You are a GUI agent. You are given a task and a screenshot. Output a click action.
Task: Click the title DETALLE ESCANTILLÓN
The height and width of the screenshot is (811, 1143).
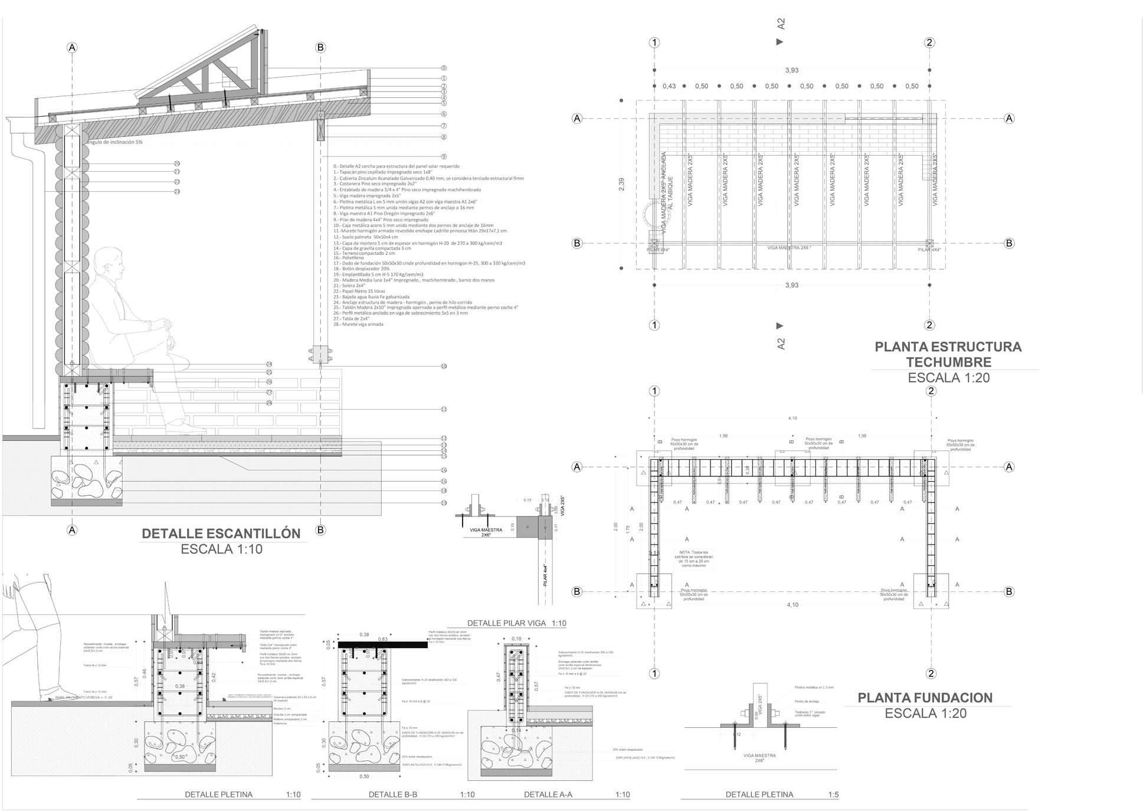click(x=221, y=534)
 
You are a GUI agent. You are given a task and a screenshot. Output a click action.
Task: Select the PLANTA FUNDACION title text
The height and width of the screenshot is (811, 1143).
click(x=925, y=698)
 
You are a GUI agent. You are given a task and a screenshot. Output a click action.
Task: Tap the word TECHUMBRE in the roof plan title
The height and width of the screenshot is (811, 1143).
click(x=948, y=362)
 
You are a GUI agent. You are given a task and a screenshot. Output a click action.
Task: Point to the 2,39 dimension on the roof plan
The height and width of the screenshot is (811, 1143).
click(x=621, y=184)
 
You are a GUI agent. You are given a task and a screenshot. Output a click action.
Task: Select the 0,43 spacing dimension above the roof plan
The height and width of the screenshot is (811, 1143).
click(x=669, y=86)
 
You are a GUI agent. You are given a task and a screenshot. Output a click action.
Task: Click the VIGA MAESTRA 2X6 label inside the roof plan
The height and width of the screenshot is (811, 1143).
click(x=789, y=248)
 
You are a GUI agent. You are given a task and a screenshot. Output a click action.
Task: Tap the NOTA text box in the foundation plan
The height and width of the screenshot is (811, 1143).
click(x=693, y=558)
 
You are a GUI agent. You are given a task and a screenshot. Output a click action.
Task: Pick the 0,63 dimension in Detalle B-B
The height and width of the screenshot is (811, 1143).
click(x=382, y=639)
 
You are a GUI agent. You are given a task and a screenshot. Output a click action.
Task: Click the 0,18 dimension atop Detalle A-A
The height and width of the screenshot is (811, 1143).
click(x=516, y=639)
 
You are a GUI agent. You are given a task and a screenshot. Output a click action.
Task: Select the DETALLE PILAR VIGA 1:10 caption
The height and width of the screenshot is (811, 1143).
click(x=516, y=623)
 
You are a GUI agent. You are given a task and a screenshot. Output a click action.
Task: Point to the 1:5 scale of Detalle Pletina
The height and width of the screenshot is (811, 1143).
click(x=833, y=794)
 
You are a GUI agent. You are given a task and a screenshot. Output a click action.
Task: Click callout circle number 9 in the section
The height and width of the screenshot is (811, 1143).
click(x=444, y=156)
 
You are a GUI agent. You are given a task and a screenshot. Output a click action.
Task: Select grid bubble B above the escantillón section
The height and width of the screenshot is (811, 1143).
click(x=320, y=47)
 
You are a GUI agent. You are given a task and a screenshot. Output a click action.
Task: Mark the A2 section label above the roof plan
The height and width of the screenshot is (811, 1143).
click(x=781, y=24)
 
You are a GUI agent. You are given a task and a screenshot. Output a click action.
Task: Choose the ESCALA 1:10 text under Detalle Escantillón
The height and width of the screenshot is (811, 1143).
click(x=221, y=550)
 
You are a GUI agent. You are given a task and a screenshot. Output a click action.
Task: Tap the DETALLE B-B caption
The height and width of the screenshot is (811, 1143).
click(x=392, y=794)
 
